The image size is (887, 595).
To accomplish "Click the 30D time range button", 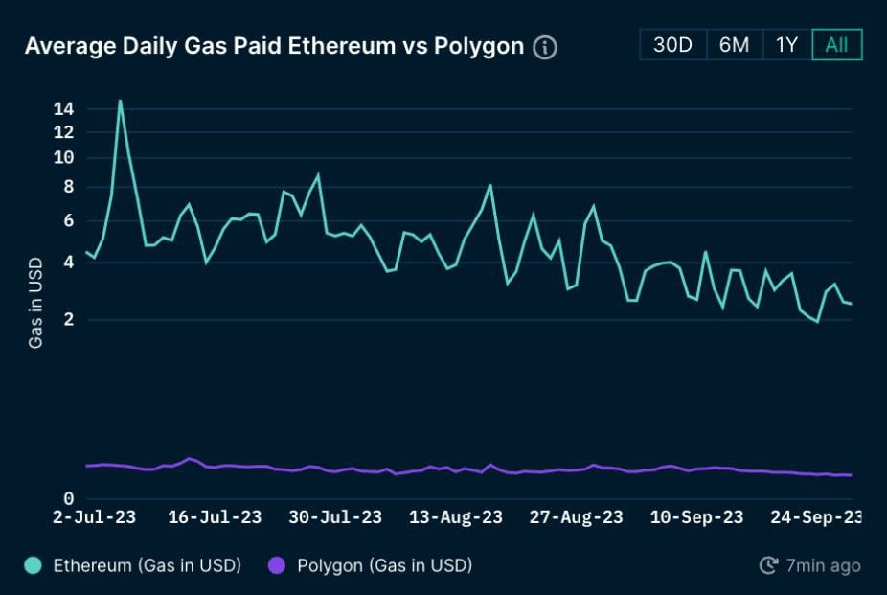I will point(672,45).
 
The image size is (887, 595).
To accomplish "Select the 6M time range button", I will point(734,45).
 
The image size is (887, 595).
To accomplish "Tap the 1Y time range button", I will point(786,45).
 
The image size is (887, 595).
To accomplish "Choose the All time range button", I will point(836,45).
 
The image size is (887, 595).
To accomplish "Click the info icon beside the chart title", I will point(545,47).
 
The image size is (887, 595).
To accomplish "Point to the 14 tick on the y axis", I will point(64,109).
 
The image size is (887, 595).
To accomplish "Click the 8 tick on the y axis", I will point(67,187).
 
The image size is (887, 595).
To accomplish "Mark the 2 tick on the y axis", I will point(67,320).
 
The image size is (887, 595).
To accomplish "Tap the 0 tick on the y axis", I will point(67,498).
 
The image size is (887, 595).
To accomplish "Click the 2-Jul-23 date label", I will point(93,517).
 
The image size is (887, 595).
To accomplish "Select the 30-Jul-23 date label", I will point(335,517).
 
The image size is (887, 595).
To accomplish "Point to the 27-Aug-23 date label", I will point(576,517).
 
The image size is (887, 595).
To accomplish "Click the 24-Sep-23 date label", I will point(816,517).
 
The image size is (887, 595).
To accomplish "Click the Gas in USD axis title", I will point(35,302).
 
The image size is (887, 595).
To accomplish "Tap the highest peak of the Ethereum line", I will point(120,100).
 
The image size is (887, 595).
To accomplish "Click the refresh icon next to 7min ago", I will point(768,565).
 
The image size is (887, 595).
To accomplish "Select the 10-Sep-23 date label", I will point(696,517).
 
